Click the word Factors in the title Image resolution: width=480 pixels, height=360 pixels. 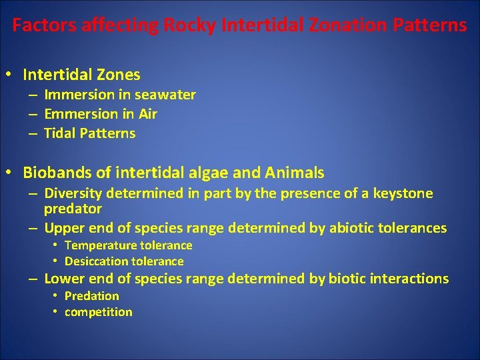click(45, 26)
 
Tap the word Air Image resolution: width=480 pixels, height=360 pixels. click(147, 114)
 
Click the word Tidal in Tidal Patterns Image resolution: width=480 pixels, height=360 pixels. click(59, 133)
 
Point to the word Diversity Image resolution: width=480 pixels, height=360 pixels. click(71, 194)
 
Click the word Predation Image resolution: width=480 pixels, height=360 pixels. click(91, 296)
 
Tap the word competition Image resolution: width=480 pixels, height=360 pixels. click(98, 312)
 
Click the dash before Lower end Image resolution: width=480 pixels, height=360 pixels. click(32, 279)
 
